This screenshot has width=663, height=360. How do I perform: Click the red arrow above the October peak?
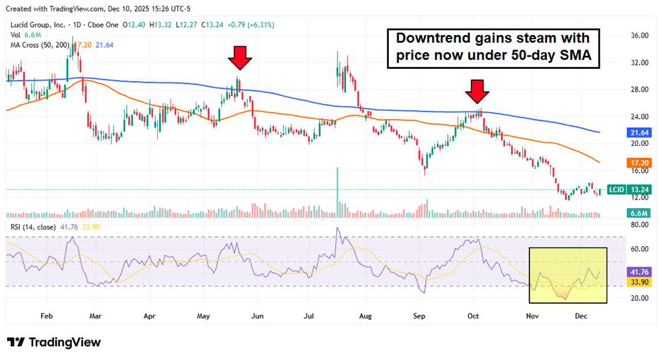tap(477, 92)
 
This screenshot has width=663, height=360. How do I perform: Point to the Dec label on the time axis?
tap(581, 315)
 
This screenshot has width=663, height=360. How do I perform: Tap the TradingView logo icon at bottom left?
tap(16, 343)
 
